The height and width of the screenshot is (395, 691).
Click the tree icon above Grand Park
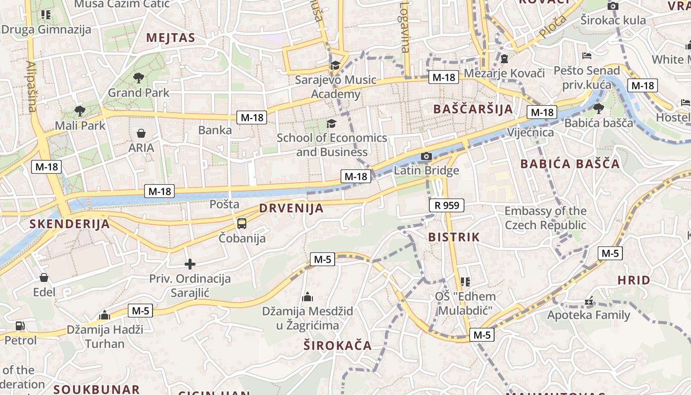pyautogui.click(x=138, y=78)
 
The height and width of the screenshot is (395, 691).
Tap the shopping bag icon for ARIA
pyautogui.click(x=141, y=133)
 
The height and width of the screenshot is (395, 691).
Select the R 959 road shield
pyautogui.click(x=447, y=205)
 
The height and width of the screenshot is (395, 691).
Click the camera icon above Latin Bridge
pyautogui.click(x=426, y=157)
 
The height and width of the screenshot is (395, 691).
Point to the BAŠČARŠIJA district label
pyautogui.click(x=473, y=109)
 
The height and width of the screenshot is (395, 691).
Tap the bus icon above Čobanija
pyautogui.click(x=242, y=224)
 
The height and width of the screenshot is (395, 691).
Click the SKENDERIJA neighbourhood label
pyautogui.click(x=69, y=224)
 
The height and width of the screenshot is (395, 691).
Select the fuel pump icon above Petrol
pyautogui.click(x=20, y=326)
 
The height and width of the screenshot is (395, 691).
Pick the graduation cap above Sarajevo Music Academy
pyautogui.click(x=335, y=65)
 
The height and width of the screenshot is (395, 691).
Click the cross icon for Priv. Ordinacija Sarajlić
pyautogui.click(x=190, y=264)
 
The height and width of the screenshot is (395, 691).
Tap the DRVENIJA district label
pyautogui.click(x=292, y=208)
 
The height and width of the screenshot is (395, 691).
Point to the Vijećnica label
pyautogui.click(x=531, y=132)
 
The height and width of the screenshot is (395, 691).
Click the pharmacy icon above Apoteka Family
pyautogui.click(x=588, y=300)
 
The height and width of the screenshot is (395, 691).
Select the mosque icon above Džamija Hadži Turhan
pyautogui.click(x=104, y=315)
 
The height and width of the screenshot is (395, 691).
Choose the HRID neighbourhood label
pyautogui.click(x=634, y=280)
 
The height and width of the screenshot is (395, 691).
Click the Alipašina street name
pyautogui.click(x=32, y=86)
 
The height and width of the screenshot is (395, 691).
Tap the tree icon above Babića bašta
pyautogui.click(x=598, y=108)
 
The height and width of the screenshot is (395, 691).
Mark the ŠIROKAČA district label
pyautogui.click(x=338, y=345)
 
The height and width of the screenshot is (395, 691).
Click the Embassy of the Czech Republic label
pyautogui.click(x=545, y=218)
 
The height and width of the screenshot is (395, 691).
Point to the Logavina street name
pyautogui.click(x=405, y=27)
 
